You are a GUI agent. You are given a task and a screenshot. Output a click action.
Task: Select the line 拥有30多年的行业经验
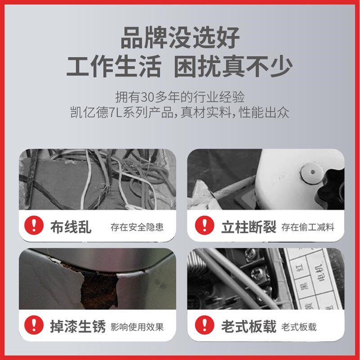pyautogui.click(x=180, y=97)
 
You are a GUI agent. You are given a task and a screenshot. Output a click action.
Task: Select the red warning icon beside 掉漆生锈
pyautogui.click(x=35, y=325)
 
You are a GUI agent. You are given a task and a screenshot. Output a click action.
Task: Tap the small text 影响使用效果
pyautogui.click(x=137, y=326)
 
